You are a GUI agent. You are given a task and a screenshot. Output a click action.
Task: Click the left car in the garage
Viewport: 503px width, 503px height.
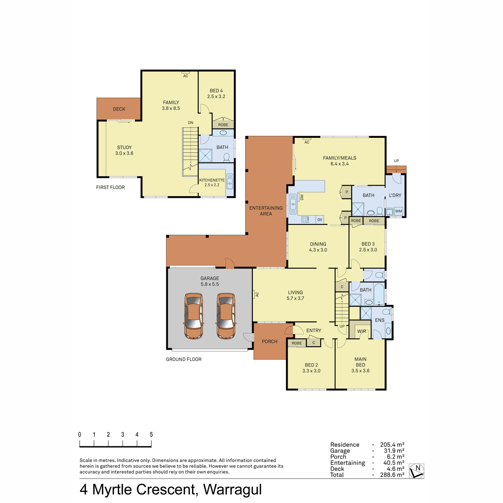[x=193, y=316]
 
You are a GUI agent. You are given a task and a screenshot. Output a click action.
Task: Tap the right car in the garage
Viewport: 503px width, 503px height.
[x=226, y=316]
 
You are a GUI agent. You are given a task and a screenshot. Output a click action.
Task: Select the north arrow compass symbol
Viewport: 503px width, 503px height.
[x=416, y=471]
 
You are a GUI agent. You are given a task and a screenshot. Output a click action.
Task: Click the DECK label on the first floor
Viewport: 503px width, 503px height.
[x=119, y=109]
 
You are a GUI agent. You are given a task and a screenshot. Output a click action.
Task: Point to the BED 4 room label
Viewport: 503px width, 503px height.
[x=216, y=91]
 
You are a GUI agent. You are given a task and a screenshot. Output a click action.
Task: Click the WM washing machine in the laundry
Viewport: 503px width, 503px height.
[x=398, y=211]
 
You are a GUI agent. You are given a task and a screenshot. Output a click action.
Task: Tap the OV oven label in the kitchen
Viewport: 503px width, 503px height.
[x=320, y=220]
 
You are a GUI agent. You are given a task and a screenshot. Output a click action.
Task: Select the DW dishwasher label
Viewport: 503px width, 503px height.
[x=302, y=197]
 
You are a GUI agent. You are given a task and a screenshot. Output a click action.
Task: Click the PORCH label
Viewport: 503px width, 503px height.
[x=270, y=342]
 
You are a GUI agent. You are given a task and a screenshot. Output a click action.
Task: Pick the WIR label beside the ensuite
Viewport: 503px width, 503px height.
[x=361, y=331]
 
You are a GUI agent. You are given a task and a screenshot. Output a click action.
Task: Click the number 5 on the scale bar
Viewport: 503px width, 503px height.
[x=151, y=435]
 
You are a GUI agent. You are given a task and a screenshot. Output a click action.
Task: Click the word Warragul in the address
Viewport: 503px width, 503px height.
[x=232, y=490]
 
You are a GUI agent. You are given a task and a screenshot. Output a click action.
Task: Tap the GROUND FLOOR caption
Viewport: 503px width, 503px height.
[x=184, y=359]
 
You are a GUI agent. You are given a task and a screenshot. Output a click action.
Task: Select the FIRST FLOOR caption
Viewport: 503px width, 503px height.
[x=110, y=187]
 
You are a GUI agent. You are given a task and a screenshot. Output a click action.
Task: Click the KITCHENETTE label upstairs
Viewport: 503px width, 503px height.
[x=212, y=180]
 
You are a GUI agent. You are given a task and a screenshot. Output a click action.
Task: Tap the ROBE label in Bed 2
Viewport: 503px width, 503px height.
[x=297, y=343]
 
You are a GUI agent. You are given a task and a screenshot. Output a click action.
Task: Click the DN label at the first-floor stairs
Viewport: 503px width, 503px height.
[x=191, y=123]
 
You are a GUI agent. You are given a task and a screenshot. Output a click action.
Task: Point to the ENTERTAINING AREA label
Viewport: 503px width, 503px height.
[x=266, y=211]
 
